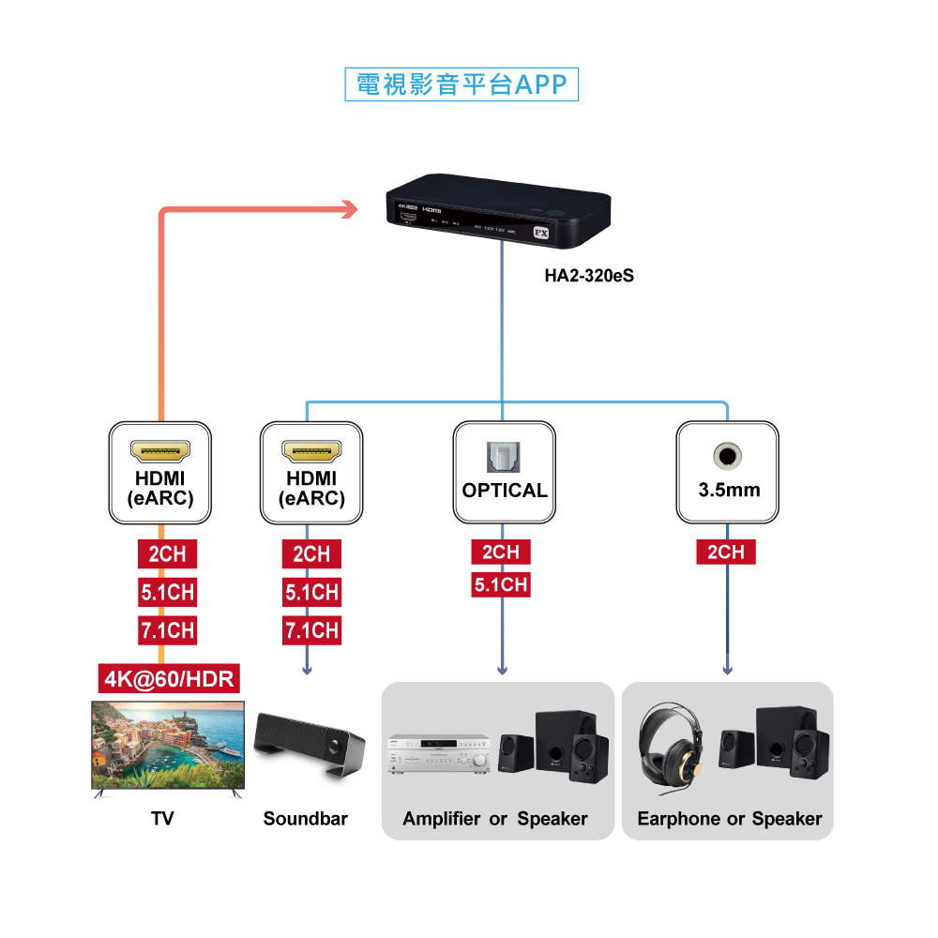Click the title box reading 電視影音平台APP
(461, 84)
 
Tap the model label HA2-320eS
(589, 277)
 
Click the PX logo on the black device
(540, 234)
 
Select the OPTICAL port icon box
(504, 472)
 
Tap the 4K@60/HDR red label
(167, 677)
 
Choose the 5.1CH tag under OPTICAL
(500, 585)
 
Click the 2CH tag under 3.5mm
(725, 552)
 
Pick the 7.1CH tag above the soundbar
(311, 630)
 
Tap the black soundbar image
(310, 745)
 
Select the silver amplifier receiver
(438, 753)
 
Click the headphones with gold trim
(670, 747)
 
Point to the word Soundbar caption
(305, 819)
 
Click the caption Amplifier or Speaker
(495, 819)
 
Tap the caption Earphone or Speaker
(729, 819)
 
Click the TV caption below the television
(162, 819)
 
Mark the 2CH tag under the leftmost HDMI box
(167, 554)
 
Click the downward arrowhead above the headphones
(727, 670)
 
